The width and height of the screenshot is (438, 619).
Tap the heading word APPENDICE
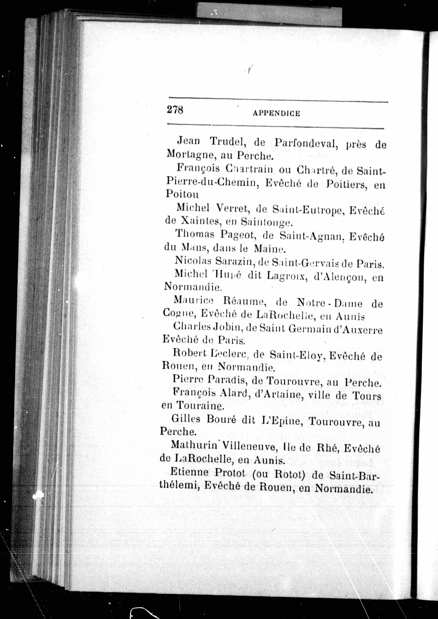point(276,113)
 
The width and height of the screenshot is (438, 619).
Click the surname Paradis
point(228,380)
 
